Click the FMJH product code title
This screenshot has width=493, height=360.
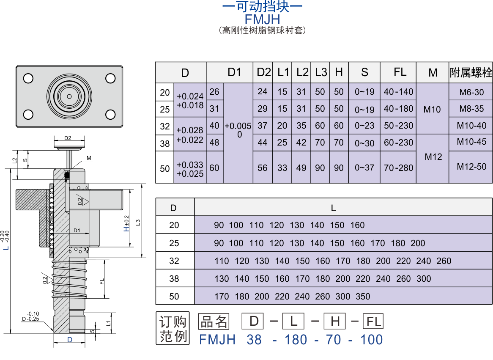(x=262, y=19)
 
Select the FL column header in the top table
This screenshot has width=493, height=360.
(x=400, y=72)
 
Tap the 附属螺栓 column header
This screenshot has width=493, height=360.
(x=471, y=72)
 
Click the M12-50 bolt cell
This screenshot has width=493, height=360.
(x=471, y=167)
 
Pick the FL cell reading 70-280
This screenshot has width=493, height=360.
(x=398, y=168)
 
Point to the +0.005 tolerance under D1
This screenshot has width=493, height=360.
(x=238, y=126)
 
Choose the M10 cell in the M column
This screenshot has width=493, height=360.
(x=432, y=110)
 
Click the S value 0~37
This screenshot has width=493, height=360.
(x=364, y=168)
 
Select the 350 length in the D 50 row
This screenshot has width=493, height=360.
(x=363, y=297)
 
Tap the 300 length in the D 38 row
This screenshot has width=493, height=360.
(x=424, y=278)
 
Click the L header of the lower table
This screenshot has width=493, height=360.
(x=333, y=208)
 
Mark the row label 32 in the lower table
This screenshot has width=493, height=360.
(x=174, y=261)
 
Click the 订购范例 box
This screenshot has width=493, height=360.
(x=173, y=328)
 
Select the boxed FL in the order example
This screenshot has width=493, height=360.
(x=373, y=322)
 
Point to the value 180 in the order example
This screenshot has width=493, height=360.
(x=296, y=340)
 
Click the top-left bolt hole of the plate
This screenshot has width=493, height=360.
(x=28, y=78)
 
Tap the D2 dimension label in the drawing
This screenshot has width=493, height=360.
(x=68, y=138)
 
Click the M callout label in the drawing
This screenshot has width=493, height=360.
(x=89, y=158)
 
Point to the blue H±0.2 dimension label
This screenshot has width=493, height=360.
(x=126, y=223)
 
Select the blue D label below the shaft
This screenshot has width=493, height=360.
(x=70, y=340)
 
